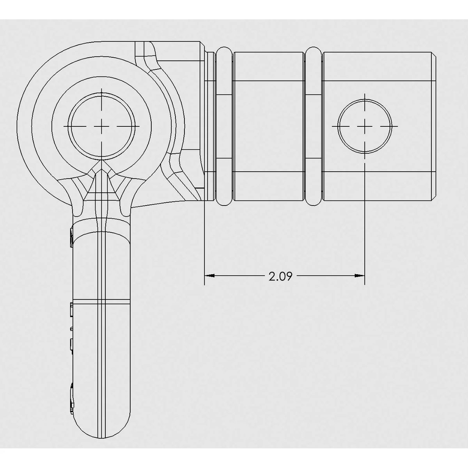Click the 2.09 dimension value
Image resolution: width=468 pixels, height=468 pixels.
pyautogui.click(x=280, y=277)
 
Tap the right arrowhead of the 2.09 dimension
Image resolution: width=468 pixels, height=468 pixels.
pyautogui.click(x=359, y=276)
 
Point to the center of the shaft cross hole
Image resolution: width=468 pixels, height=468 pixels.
pyautogui.click(x=364, y=126)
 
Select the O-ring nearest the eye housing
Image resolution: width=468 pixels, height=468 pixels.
pyautogui.click(x=224, y=126)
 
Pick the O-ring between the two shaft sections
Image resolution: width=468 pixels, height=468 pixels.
pyautogui.click(x=314, y=126)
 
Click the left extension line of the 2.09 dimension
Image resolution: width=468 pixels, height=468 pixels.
pyautogui.click(x=205, y=242)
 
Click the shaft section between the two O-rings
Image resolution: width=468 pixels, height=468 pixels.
pyautogui.click(x=269, y=126)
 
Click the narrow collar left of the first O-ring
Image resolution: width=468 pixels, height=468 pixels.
pyautogui.click(x=211, y=126)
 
